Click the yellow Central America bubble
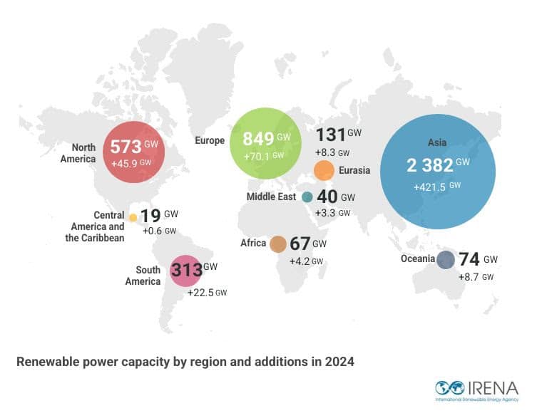pyautogui.click(x=133, y=217)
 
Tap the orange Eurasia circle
pyautogui.click(x=324, y=171)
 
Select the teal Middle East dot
pyautogui.click(x=307, y=197)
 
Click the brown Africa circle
pyautogui.click(x=278, y=244)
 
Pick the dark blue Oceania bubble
pyautogui.click(x=446, y=260)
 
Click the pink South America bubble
pyautogui.click(x=185, y=271)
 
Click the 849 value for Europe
pyautogui.click(x=258, y=138)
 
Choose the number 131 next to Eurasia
pyautogui.click(x=330, y=135)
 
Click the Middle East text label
pyautogui.click(x=271, y=197)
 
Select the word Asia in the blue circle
pyautogui.click(x=437, y=142)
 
